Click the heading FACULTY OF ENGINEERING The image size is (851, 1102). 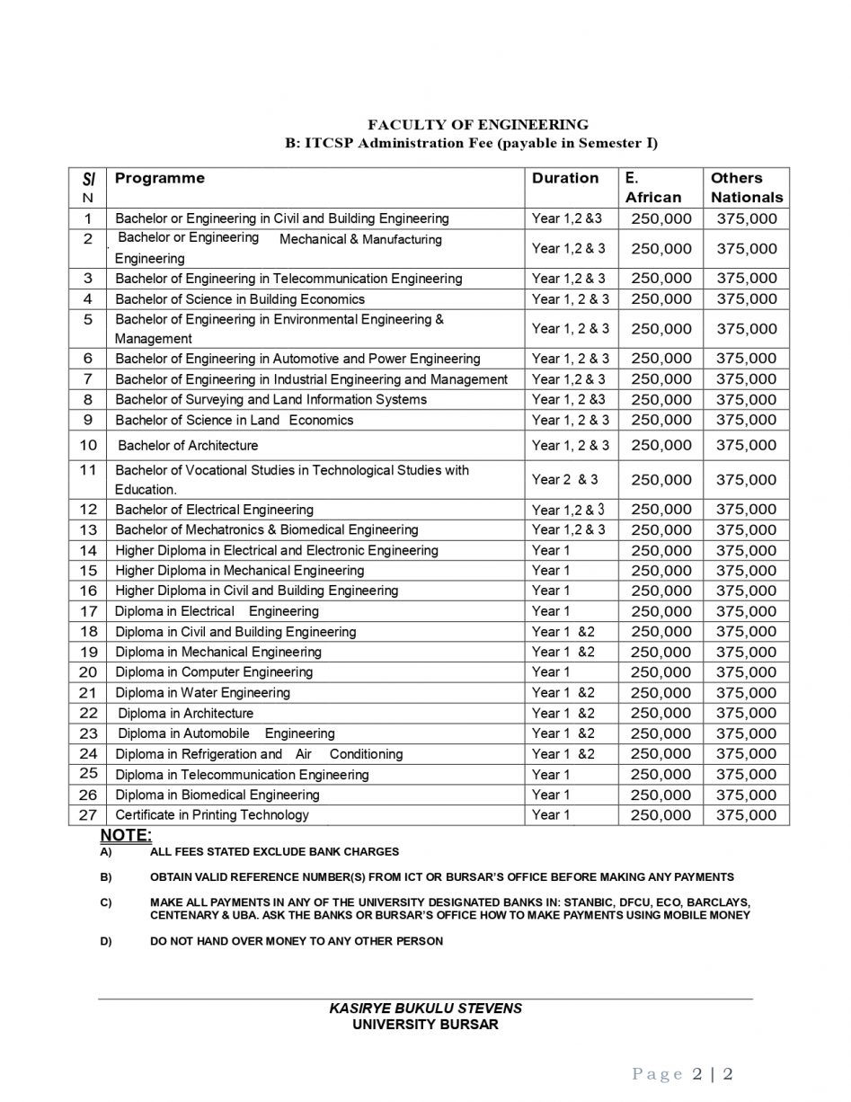[477, 125]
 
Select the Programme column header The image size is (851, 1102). [159, 178]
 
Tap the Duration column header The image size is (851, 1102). [564, 178]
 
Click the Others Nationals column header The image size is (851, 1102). [746, 187]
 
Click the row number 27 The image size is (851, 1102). [88, 814]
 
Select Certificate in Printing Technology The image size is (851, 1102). [211, 814]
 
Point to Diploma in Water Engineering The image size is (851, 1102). [202, 692]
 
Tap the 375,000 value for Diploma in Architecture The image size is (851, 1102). [746, 713]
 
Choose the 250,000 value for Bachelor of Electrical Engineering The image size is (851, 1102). [660, 509]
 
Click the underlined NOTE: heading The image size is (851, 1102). [126, 835]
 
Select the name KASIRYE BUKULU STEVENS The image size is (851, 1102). [425, 1009]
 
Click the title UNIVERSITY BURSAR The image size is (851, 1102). [425, 1024]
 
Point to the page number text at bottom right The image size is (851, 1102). [683, 1074]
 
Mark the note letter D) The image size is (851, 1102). [106, 941]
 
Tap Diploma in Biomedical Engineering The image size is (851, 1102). [217, 795]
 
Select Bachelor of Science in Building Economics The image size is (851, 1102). [239, 298]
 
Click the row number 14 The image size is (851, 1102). [88, 550]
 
